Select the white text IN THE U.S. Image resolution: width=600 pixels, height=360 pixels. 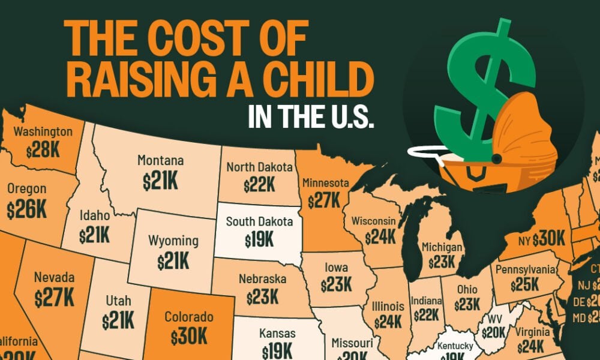point(311,116)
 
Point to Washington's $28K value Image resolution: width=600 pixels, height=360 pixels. point(43,149)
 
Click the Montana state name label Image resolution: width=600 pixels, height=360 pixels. point(160,161)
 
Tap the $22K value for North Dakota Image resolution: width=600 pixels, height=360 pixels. point(260,185)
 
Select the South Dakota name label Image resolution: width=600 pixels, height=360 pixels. point(260,222)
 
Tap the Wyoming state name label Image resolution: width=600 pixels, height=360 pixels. point(173,241)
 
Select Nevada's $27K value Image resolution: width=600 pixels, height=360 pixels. point(54,296)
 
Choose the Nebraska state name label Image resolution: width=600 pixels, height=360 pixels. point(262,280)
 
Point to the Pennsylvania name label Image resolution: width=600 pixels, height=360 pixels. point(526,268)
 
